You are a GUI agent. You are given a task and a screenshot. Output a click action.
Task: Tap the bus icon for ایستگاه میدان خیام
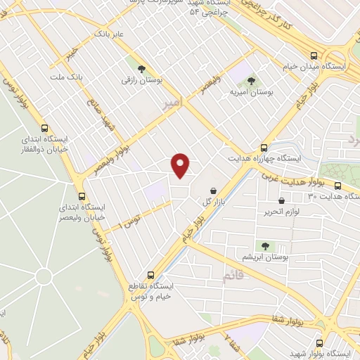coord(314,56)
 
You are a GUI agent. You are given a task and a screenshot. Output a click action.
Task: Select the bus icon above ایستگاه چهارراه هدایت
coord(264,148)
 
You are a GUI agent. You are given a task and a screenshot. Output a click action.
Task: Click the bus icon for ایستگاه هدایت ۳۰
coord(338,186)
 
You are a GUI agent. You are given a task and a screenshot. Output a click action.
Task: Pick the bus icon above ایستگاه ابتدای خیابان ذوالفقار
coord(45,129)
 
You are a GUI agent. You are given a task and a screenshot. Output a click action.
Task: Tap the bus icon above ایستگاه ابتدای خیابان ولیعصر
coord(82,196)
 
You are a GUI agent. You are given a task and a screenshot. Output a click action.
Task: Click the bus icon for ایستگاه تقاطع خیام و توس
coord(150,276)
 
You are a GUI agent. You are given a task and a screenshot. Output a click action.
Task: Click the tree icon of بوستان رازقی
coord(143,69)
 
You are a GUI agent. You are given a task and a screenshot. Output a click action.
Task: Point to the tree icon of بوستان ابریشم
coord(265,246)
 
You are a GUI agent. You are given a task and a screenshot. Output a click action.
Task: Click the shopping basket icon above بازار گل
coord(213,191)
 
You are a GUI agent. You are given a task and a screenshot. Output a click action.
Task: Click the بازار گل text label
coord(213,202)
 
